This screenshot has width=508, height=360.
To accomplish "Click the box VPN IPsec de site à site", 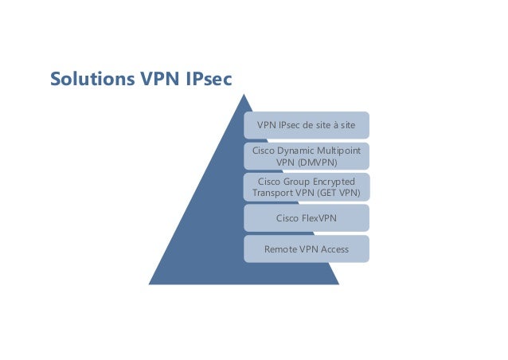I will point(307,126).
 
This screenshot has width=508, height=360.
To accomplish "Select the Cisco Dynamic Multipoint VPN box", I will point(307,156).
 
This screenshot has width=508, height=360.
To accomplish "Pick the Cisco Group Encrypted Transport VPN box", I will point(307,187).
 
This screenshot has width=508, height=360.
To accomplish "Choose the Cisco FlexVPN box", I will point(307,217).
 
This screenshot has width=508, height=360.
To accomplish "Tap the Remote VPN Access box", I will point(307,248).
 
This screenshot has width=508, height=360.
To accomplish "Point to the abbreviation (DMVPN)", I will point(307,162).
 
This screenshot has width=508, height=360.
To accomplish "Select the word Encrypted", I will point(334,182).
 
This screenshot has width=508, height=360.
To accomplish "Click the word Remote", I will point(282,248).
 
